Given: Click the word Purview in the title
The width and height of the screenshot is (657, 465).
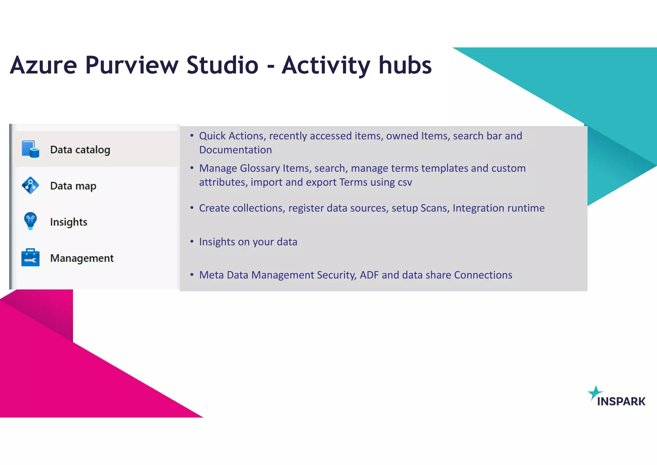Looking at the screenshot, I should [131, 66].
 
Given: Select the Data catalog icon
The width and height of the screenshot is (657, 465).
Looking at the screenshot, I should [30, 149].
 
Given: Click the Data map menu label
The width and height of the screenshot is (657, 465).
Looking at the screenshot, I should [73, 186].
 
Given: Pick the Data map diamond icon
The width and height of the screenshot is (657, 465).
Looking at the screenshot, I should [30, 185].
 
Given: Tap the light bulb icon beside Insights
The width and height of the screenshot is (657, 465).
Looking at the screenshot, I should [30, 221].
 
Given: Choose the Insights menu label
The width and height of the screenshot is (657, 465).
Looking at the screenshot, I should [69, 222].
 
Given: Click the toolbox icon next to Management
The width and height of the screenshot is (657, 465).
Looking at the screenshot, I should [30, 258].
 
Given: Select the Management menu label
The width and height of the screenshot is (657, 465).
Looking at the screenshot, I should [82, 258].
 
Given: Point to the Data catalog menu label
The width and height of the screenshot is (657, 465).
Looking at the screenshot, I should [80, 150].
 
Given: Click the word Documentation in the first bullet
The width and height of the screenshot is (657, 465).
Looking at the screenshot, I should [235, 150].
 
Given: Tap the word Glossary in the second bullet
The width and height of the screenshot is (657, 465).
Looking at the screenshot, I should [260, 168].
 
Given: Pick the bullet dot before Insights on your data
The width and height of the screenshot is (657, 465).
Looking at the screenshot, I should [192, 241].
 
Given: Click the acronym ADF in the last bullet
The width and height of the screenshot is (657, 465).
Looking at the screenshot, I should [369, 275].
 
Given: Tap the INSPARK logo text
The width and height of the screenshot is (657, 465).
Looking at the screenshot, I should [621, 401].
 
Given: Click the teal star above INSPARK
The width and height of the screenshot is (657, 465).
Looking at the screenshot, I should [595, 392].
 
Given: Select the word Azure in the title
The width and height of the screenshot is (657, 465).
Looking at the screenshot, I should [43, 66].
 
